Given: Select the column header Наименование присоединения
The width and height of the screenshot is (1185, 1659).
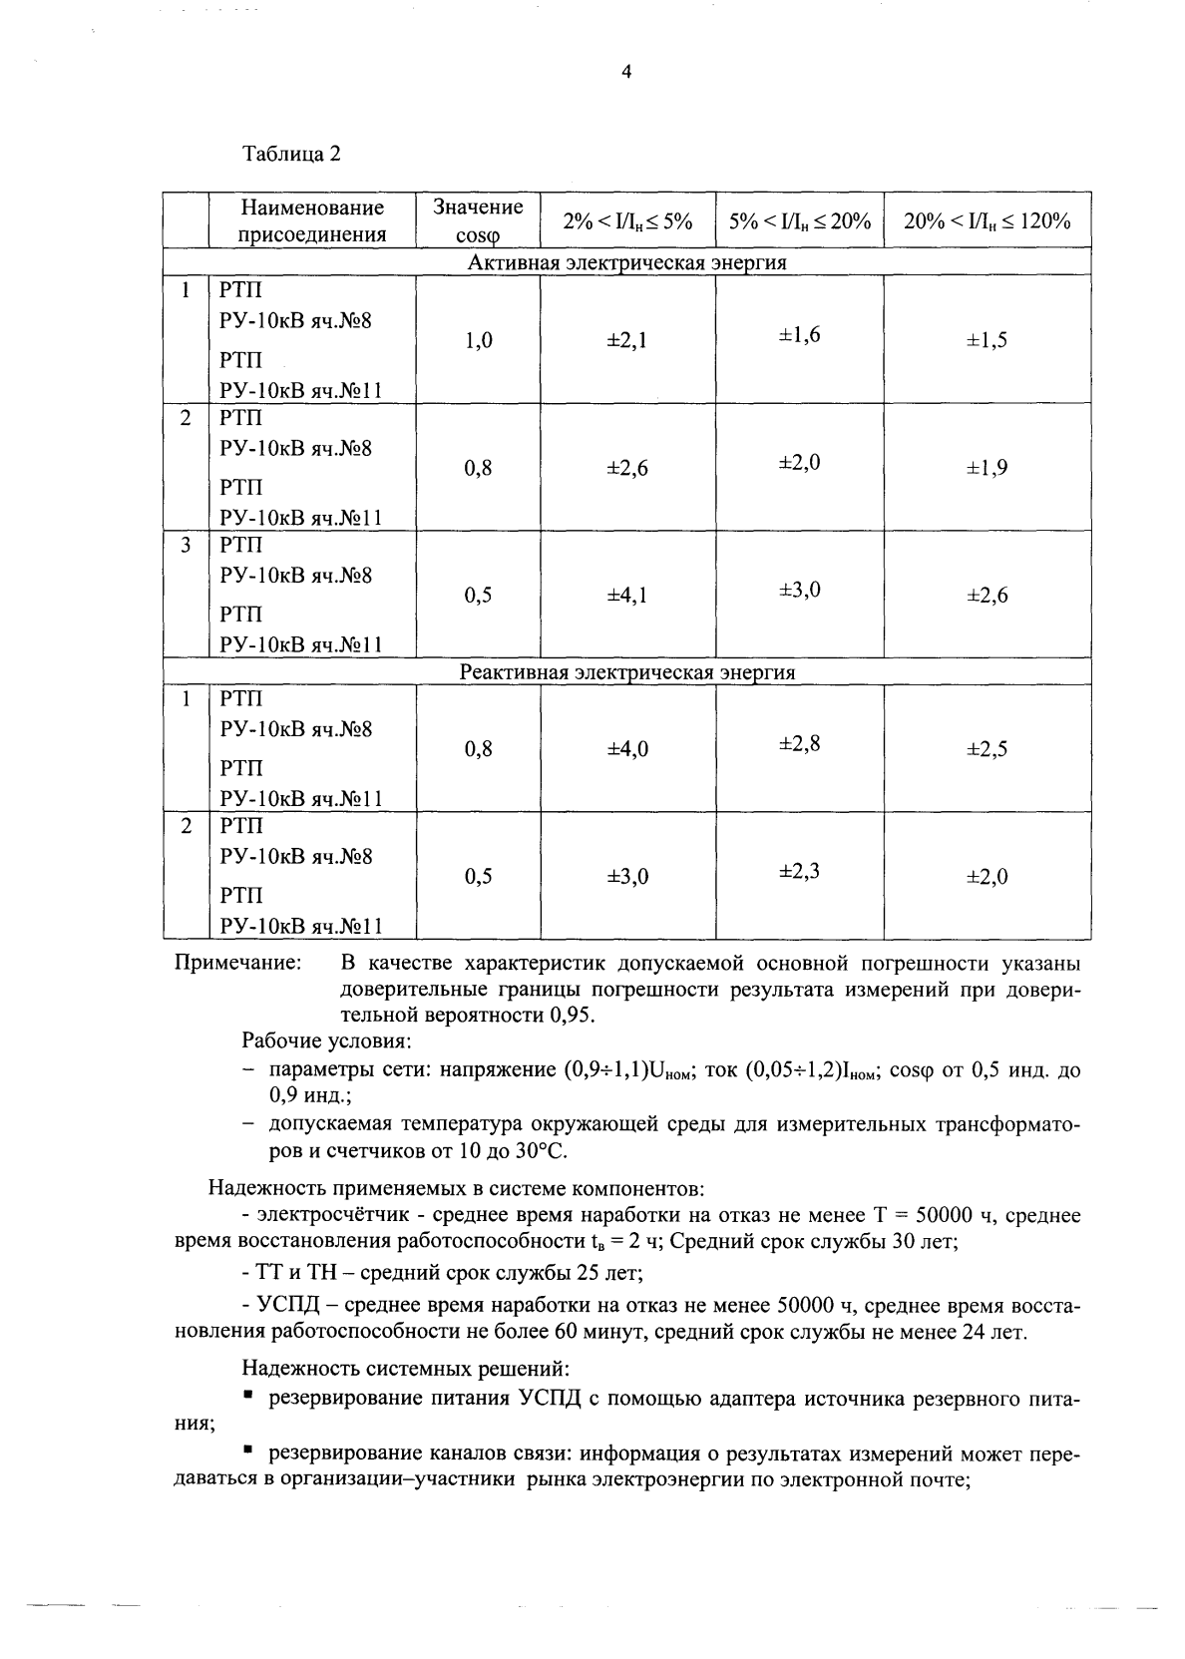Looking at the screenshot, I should tap(312, 220).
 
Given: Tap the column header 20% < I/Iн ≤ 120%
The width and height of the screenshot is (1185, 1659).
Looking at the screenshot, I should tap(987, 221).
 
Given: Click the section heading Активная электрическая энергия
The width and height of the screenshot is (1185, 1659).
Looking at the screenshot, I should tap(627, 263).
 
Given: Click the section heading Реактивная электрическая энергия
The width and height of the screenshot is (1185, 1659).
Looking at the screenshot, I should tap(627, 672).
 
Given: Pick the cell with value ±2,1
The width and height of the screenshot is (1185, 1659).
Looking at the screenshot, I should tap(627, 340).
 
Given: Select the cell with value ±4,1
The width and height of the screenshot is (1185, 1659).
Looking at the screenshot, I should tap(627, 596).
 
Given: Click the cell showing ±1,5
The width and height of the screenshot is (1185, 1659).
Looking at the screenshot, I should tap(987, 340).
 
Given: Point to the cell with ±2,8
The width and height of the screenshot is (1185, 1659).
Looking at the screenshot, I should tap(799, 743).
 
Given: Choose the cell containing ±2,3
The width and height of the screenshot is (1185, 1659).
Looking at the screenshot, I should tap(799, 871).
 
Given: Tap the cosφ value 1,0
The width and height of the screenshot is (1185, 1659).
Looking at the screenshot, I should tap(478, 340).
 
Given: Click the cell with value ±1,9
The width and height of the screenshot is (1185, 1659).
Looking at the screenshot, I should tap(987, 468).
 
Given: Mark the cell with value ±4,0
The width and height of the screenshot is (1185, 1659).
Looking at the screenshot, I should tap(627, 749).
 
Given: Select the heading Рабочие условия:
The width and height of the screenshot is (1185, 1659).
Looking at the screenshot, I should tap(326, 1041).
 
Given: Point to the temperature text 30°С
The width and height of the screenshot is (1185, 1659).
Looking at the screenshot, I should tap(540, 1151).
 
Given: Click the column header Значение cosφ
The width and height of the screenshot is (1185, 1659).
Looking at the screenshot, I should tap(478, 220).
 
